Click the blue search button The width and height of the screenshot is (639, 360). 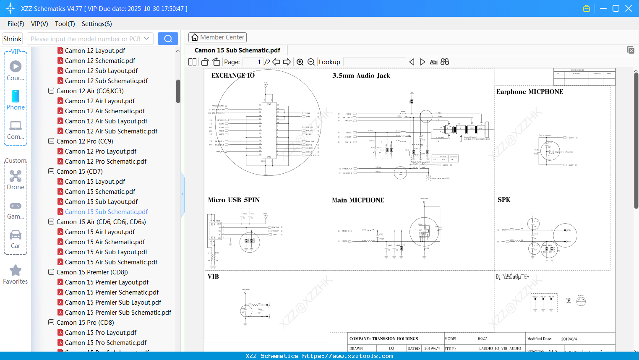point(168,39)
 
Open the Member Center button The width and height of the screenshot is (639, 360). point(217,37)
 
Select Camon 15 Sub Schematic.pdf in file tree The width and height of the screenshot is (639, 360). point(106,212)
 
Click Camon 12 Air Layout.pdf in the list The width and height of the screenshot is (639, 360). point(99,101)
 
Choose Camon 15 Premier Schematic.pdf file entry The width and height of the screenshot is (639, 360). point(112,292)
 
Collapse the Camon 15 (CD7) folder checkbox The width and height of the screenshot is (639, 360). point(51,171)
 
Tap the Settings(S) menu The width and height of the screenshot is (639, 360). point(97,24)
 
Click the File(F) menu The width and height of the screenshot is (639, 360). point(16,24)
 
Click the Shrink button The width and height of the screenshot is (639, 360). point(12,39)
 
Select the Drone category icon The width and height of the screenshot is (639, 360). point(16,176)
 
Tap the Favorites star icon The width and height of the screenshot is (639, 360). point(16,271)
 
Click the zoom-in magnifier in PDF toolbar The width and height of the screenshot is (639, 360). point(300,62)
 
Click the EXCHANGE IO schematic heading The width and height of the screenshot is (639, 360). point(233,76)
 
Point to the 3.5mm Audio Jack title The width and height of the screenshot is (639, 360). point(361,76)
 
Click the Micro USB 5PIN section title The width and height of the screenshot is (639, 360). point(234,200)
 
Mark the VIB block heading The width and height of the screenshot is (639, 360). point(213,277)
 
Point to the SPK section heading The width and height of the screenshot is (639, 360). point(503,200)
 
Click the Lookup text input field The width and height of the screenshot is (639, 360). point(374,62)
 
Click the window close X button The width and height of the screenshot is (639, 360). point(629,8)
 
